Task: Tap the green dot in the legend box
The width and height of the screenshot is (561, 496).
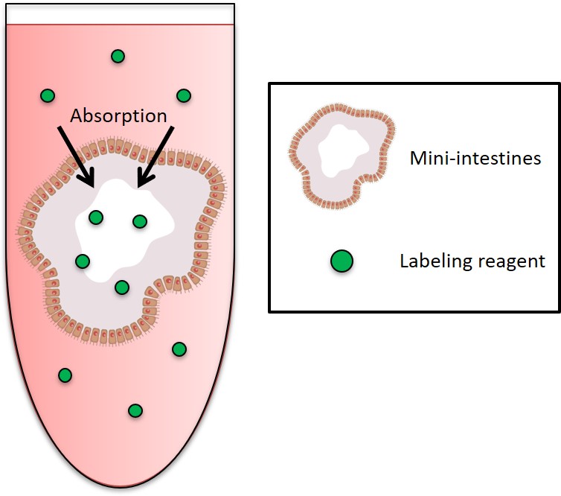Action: pyautogui.click(x=342, y=261)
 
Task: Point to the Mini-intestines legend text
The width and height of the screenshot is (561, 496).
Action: pyautogui.click(x=475, y=159)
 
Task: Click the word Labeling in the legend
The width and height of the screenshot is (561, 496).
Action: pyautogui.click(x=430, y=261)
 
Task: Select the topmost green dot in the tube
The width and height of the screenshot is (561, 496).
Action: pyautogui.click(x=118, y=56)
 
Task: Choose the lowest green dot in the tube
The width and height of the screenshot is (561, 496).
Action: pyautogui.click(x=135, y=410)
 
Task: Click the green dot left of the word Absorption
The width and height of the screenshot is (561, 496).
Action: pyautogui.click(x=48, y=95)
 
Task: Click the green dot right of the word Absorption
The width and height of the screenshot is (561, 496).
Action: pyautogui.click(x=184, y=95)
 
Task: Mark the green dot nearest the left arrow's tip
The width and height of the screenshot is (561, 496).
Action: pyautogui.click(x=95, y=217)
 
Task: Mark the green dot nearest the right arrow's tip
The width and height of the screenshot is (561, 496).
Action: pyautogui.click(x=139, y=221)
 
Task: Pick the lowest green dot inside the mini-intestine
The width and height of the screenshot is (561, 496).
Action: pyautogui.click(x=122, y=287)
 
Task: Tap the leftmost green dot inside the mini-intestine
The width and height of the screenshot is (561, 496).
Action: pyautogui.click(x=83, y=261)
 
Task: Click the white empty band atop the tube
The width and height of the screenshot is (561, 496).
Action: pyautogui.click(x=119, y=13)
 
